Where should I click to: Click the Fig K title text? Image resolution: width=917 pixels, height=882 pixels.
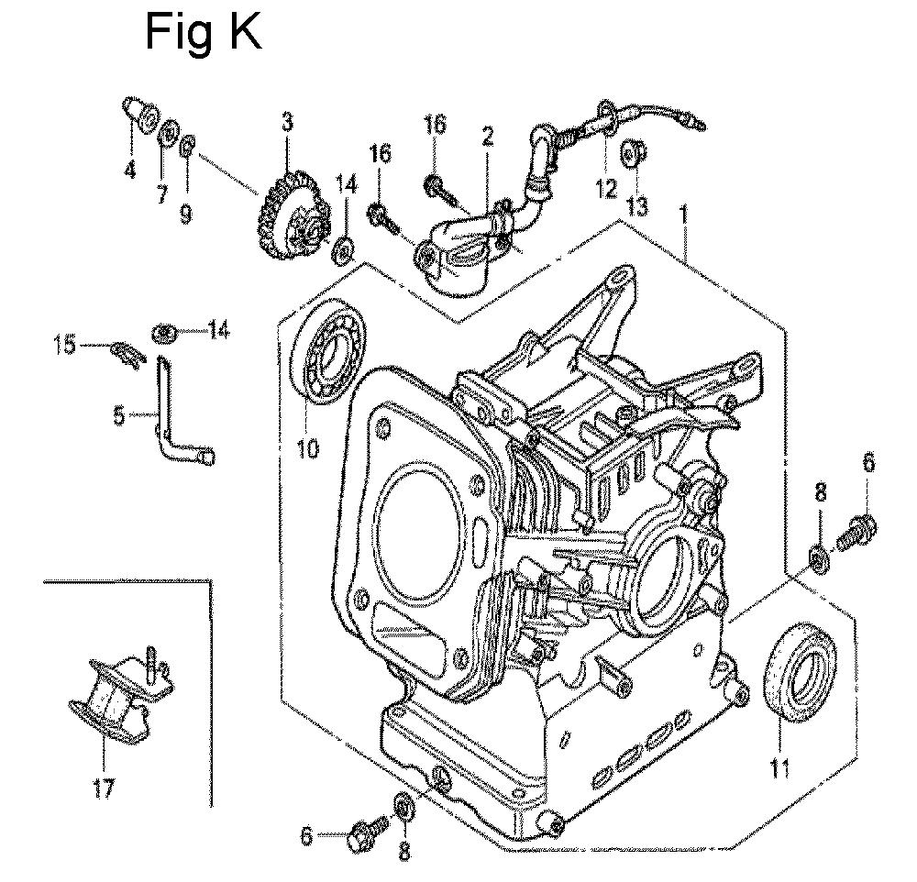(x=204, y=34)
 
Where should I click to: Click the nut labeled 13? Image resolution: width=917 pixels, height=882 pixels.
(x=632, y=154)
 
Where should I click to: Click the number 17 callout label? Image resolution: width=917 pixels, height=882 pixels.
(x=105, y=788)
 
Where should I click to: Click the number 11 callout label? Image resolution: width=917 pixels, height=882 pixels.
(x=779, y=766)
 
